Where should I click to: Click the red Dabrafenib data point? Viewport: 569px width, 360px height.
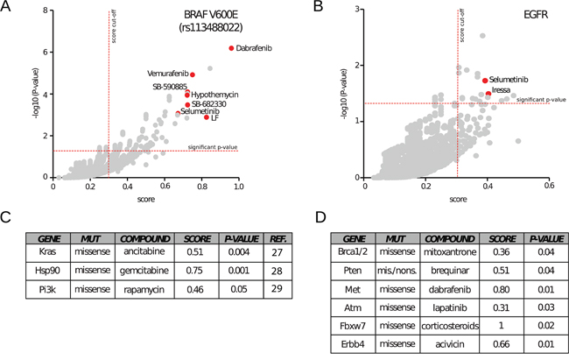pyautogui.click(x=231, y=48)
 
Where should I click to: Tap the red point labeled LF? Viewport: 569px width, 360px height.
pyautogui.click(x=207, y=116)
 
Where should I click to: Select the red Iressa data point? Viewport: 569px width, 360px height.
pyautogui.click(x=488, y=93)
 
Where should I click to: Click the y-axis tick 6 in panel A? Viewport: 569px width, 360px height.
pyautogui.click(x=46, y=52)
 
